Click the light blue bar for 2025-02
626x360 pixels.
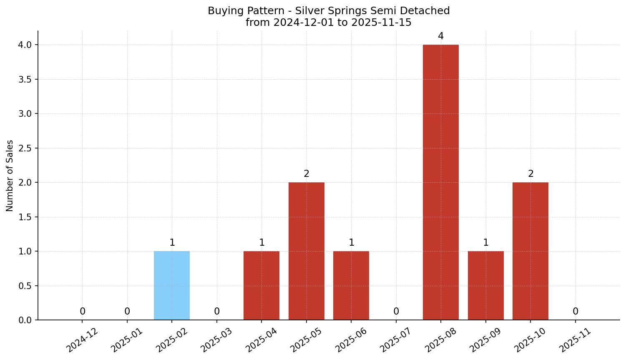tap(172, 286)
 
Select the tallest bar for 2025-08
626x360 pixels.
tap(441, 182)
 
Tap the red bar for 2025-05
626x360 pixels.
tap(307, 251)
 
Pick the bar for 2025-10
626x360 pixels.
tap(530, 251)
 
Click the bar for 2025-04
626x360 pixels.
tap(261, 286)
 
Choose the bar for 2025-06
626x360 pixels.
tap(351, 286)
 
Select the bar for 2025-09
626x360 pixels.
tap(486, 286)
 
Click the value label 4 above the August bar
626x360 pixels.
tap(441, 36)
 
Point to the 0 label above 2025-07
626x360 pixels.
tap(396, 312)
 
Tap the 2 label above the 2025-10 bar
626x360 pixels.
tap(530, 174)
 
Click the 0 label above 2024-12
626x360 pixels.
tap(83, 312)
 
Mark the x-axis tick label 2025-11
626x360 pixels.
tap(575, 340)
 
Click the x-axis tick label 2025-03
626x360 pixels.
tap(216, 340)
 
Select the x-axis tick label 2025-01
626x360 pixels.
tap(126, 340)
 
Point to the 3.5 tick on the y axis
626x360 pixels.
tap(25, 79)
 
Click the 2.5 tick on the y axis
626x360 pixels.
tap(25, 148)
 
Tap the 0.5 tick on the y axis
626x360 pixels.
tap(25, 286)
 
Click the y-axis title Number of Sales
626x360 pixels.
tap(10, 176)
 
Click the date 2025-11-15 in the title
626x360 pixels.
tap(381, 23)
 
